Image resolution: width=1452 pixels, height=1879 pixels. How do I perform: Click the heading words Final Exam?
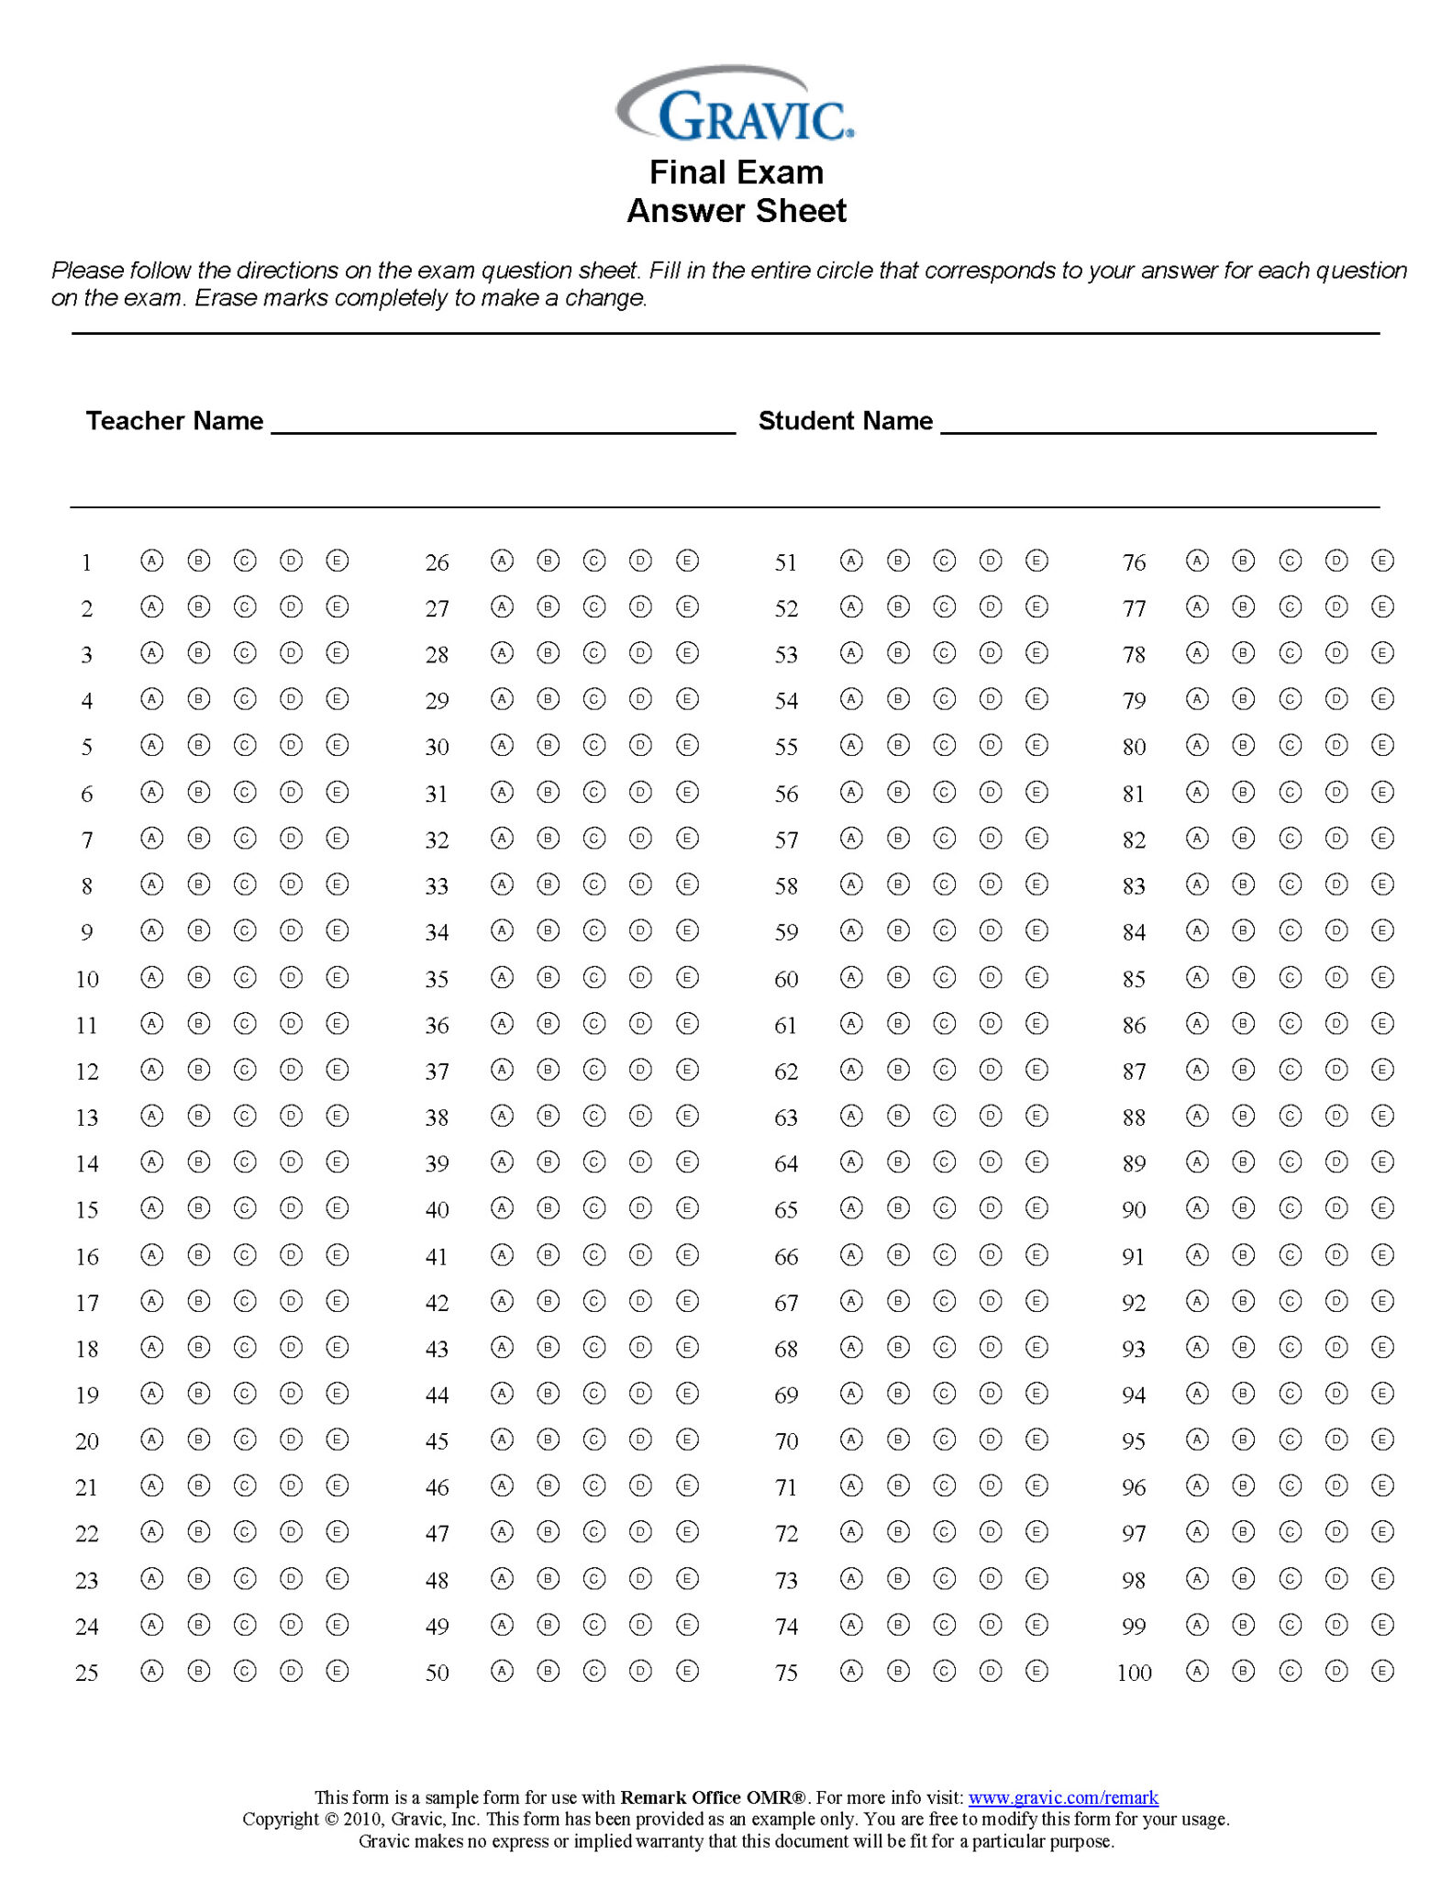click(736, 172)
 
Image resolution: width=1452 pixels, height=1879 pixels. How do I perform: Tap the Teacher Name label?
click(174, 421)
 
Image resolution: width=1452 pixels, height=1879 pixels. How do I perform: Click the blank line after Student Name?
click(1158, 424)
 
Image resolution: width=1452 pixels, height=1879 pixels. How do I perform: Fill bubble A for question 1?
click(152, 561)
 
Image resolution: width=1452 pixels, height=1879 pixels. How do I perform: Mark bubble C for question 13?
click(245, 1116)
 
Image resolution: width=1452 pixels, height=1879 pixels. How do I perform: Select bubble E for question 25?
click(338, 1671)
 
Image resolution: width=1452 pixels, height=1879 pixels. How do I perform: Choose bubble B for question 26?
click(549, 561)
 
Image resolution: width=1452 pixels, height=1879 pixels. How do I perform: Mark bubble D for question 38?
click(641, 1116)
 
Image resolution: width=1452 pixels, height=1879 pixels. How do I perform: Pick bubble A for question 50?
click(502, 1671)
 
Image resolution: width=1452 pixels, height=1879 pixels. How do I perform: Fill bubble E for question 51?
click(1036, 561)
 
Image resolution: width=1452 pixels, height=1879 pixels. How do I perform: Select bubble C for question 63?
click(944, 1116)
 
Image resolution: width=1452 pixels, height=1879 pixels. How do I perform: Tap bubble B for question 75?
click(898, 1671)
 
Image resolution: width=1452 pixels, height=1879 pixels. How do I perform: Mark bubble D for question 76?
click(1336, 561)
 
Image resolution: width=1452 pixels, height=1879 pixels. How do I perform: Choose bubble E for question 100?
click(1382, 1671)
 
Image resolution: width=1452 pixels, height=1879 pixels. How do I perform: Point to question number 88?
click(1134, 1117)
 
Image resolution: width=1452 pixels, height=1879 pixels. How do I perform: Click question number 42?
click(437, 1303)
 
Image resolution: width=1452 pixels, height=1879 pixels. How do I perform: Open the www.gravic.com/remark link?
click(1063, 1797)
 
